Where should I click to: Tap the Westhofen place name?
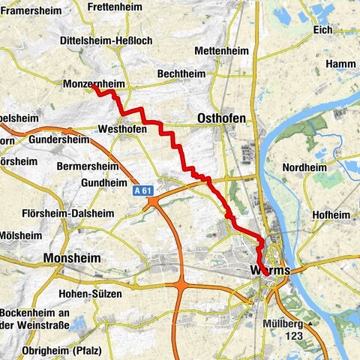124,129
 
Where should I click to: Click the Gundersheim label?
61,139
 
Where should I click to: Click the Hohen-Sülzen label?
91,294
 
